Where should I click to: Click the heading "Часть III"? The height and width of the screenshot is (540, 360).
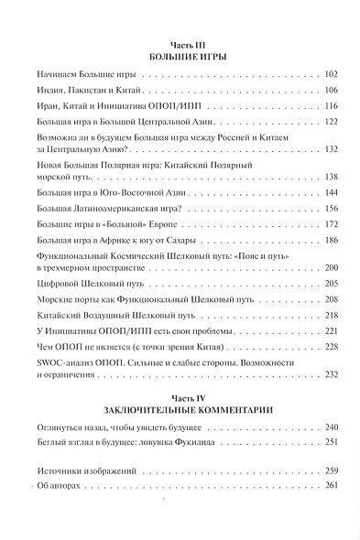point(186,43)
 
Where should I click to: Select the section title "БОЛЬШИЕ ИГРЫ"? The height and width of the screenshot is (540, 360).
point(186,56)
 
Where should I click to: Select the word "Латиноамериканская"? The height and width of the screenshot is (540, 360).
point(106,210)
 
